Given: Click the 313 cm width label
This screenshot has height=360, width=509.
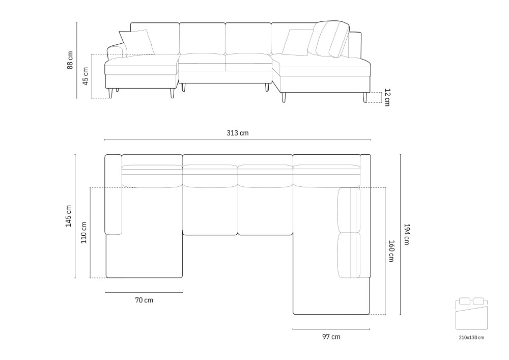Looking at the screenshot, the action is [237, 133].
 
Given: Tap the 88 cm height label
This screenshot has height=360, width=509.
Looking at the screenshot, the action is [70, 60].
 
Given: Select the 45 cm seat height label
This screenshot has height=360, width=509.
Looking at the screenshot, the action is [86, 76].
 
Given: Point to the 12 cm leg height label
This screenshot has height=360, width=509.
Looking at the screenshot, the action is [387, 97].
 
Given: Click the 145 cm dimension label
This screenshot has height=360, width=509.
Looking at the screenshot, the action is [69, 216].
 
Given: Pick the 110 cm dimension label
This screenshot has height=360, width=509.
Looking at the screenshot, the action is [84, 232].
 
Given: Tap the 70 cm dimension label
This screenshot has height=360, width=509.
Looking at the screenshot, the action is [144, 300].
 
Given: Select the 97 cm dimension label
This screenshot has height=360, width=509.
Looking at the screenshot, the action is [331, 337].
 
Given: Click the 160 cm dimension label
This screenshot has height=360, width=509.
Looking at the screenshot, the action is [391, 251].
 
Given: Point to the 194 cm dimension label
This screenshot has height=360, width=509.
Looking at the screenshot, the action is [407, 234].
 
